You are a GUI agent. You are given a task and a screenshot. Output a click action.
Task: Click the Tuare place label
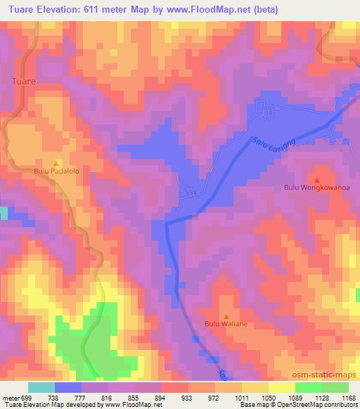pos(24,82)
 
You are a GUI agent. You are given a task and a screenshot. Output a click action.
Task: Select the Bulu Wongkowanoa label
pos(316,188)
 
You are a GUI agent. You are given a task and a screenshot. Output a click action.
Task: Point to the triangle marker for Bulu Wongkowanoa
pos(316,178)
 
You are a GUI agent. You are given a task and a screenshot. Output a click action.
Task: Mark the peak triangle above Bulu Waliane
pos(226,315)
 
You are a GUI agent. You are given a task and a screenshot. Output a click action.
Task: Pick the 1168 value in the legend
pos(349,396)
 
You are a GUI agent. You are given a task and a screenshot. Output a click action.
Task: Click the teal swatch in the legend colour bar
pos(41,387)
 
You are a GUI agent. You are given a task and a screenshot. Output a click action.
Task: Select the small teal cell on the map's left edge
pos(4,213)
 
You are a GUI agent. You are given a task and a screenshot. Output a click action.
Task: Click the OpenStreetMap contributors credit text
pos(322,405)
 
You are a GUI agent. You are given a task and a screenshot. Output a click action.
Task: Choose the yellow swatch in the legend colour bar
pos(281,387)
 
